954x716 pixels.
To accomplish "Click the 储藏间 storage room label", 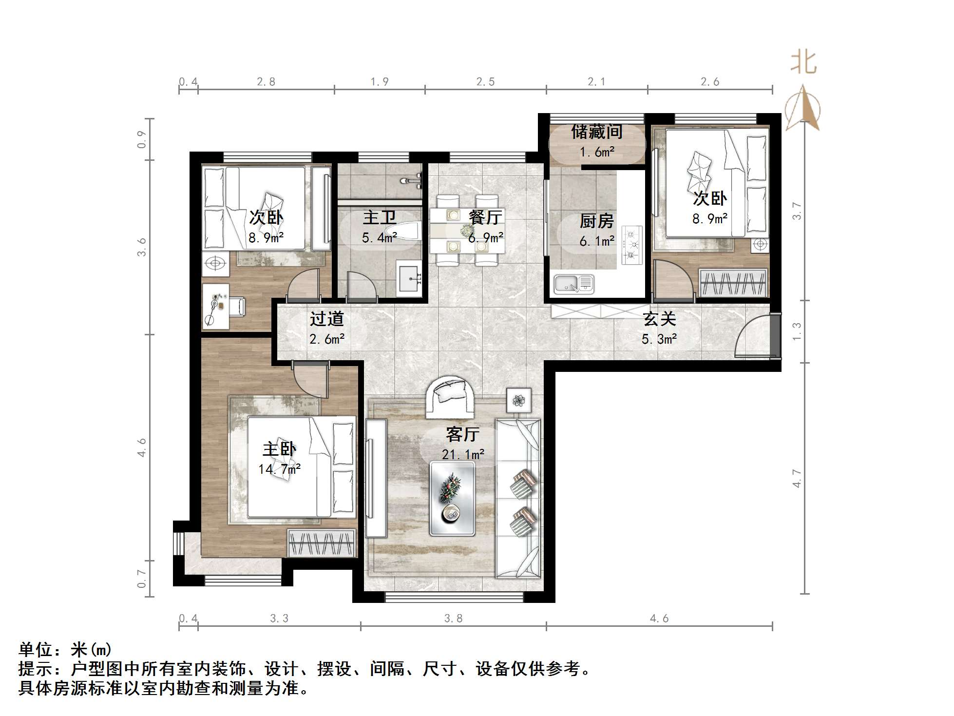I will (597, 132).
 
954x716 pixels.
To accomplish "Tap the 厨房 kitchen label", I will (596, 221).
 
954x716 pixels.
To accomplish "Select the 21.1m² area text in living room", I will (463, 454).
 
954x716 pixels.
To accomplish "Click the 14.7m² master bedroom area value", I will (279, 469).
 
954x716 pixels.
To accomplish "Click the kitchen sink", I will (573, 284).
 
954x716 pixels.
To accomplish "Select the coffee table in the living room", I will (452, 499).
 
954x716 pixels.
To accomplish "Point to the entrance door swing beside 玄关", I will (753, 336).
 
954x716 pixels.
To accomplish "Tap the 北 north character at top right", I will (803, 63).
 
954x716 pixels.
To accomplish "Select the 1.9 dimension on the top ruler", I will (379, 82).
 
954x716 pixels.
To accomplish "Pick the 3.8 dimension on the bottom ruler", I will (453, 619).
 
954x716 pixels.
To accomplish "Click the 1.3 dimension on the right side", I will (797, 331).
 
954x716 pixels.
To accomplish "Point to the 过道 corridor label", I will (327, 319).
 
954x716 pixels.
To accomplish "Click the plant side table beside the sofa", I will (519, 401).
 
